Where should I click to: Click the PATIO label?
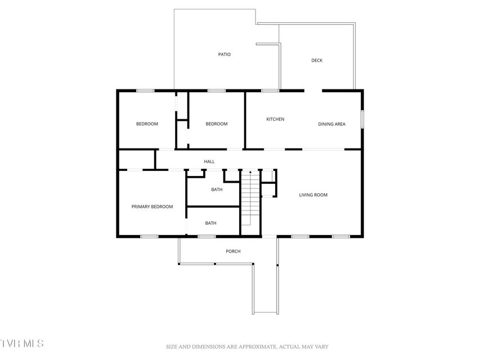[225, 55]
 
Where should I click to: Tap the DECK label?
[317, 61]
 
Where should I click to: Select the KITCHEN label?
[275, 119]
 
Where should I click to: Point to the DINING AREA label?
[331, 124]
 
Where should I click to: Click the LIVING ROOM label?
[313, 195]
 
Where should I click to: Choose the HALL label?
[209, 161]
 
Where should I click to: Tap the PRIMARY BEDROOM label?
[152, 207]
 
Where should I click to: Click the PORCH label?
[234, 251]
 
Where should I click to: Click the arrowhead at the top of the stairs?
[250, 172]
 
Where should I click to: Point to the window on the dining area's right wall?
[362, 119]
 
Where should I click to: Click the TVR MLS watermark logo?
[22, 343]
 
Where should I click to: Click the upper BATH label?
[217, 190]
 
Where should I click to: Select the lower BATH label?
[210, 223]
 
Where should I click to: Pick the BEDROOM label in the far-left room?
[147, 124]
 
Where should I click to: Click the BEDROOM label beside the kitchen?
[217, 124]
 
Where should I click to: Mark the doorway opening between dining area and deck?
[313, 91]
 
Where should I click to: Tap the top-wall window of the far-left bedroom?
[145, 91]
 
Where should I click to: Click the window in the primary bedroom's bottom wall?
[149, 236]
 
